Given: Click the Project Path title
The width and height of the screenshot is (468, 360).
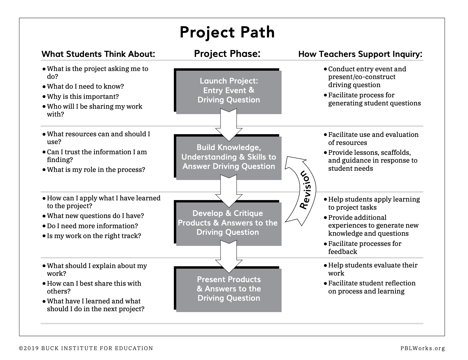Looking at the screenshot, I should coord(227,32).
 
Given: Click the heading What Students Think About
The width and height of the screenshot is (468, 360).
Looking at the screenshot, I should coord(98,54).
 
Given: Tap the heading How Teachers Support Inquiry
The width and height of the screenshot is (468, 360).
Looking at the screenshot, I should coord(360,54).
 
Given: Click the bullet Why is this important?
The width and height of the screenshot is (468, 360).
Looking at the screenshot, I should coord(83,97).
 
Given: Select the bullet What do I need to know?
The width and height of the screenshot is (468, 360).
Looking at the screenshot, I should coord(85,87).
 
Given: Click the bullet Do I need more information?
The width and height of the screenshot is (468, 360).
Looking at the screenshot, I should coord(92,226).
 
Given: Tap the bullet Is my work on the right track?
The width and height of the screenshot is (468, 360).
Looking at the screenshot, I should coord(94,236).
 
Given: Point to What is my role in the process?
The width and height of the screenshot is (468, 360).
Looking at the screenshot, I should coord(96,170).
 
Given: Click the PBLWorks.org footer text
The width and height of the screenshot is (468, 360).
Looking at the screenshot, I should coord(423,348).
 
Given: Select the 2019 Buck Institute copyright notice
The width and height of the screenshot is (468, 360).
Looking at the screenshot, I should coord(86,348).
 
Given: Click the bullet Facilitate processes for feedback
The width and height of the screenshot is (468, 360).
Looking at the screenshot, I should coord(364,248).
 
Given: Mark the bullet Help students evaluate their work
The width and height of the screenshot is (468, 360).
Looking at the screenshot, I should coord(373,269).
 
